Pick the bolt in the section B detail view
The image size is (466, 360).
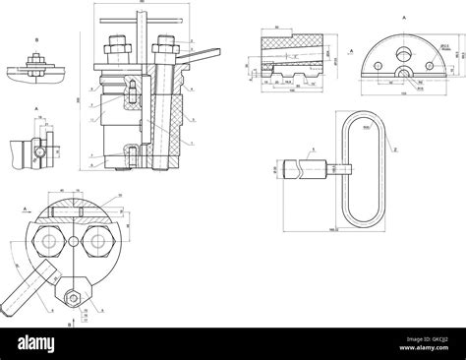pos(35,65)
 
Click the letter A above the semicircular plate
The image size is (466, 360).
pos(402,19)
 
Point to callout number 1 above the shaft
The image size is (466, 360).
pos(313,150)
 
